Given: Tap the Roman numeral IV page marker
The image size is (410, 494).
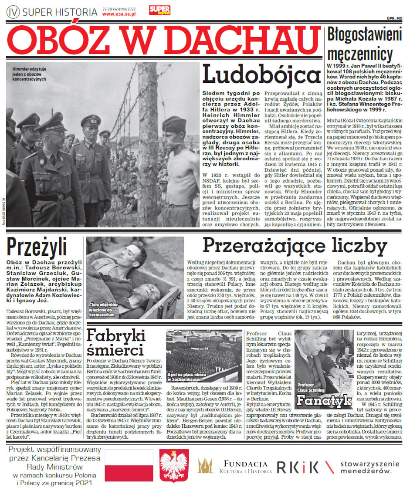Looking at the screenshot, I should pyautogui.click(x=13, y=12).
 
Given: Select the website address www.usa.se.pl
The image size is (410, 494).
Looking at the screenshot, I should pyautogui.click(x=119, y=14).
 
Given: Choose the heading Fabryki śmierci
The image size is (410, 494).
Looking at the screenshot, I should pyautogui.click(x=115, y=342).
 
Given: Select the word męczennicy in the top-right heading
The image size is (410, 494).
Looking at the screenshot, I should pyautogui.click(x=359, y=54).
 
